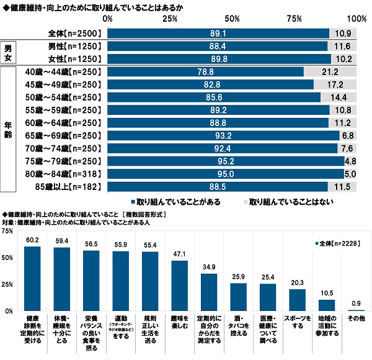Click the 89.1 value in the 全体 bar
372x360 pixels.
[218, 33]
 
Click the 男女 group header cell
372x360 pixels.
[8, 52]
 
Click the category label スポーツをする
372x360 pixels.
[298, 322]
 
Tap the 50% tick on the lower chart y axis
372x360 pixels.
[8, 258]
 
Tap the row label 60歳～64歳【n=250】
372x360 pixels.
[69, 122]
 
